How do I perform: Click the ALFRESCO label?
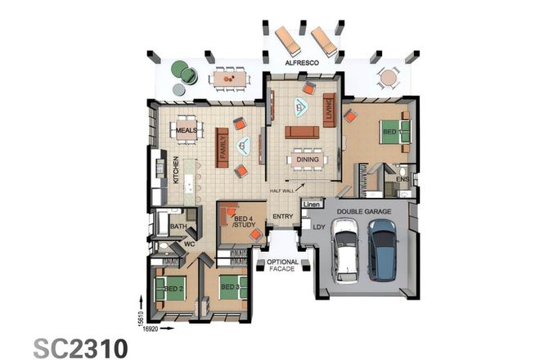point(301,62)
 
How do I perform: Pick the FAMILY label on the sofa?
point(221,146)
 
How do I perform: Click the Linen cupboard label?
point(311,204)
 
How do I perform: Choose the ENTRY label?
point(283,217)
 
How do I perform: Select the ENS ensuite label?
point(402,178)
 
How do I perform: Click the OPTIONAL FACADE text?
point(283,266)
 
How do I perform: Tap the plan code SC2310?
point(80,346)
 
